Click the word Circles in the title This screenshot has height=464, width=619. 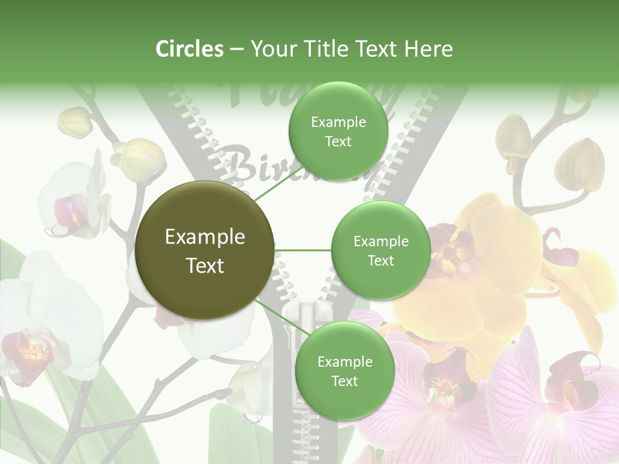pos(190,49)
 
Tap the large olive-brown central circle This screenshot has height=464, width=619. pos(204,250)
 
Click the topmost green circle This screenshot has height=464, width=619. pos(337,131)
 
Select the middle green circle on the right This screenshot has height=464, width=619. pos(380,250)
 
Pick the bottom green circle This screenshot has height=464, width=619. pos(344,371)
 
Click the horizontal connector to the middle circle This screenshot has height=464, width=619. pos(302,250)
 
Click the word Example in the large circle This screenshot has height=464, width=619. pos(204,237)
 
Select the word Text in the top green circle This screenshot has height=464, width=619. pos(337,141)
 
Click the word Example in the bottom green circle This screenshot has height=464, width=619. pos(344,362)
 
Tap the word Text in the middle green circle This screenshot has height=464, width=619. pos(380,260)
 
